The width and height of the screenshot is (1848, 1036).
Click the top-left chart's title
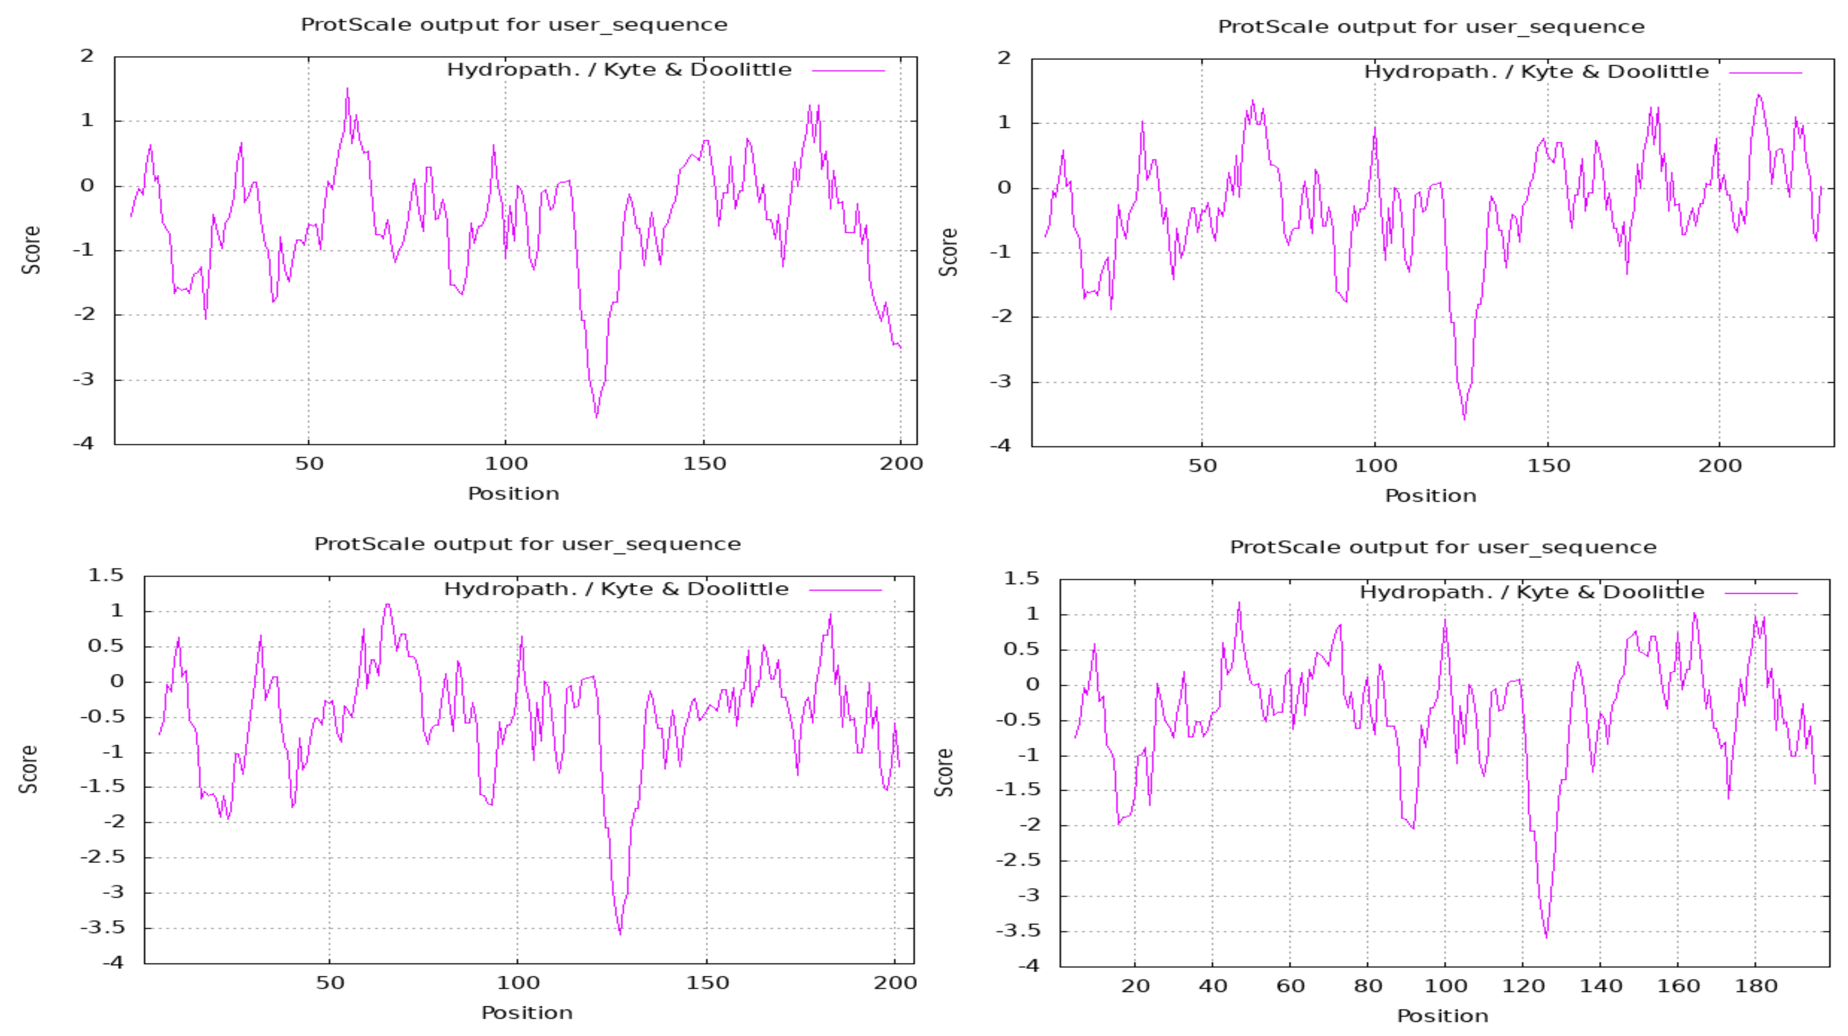click(514, 24)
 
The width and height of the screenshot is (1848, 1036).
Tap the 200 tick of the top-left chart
click(901, 463)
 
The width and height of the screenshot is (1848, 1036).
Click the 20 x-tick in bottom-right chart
click(1135, 986)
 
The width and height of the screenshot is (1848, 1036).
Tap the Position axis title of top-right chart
click(1431, 496)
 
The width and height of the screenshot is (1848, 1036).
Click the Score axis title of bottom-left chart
click(29, 769)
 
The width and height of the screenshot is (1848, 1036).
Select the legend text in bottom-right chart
click(1532, 593)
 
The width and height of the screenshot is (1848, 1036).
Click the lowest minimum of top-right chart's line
click(1464, 419)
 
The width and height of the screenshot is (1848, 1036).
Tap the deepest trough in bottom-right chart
click(1546, 937)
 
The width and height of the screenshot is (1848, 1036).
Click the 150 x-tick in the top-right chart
click(1548, 466)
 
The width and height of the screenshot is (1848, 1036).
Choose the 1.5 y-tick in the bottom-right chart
click(1021, 578)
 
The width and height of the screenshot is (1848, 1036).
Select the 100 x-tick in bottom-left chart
click(517, 983)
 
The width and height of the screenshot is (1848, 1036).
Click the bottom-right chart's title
click(1443, 548)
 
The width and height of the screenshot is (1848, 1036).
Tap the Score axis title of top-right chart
click(948, 252)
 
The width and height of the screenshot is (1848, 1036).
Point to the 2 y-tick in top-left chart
click(87, 56)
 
